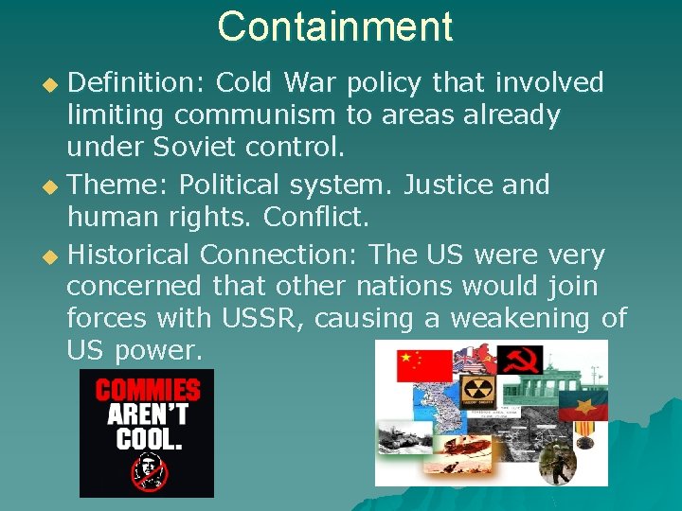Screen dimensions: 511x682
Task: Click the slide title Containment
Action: [x=335, y=26]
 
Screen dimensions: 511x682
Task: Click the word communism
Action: [x=255, y=115]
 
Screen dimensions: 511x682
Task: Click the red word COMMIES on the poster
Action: [x=147, y=390]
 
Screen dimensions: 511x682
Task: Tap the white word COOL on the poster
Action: [x=147, y=438]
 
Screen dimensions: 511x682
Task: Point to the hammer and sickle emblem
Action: [x=520, y=359]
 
